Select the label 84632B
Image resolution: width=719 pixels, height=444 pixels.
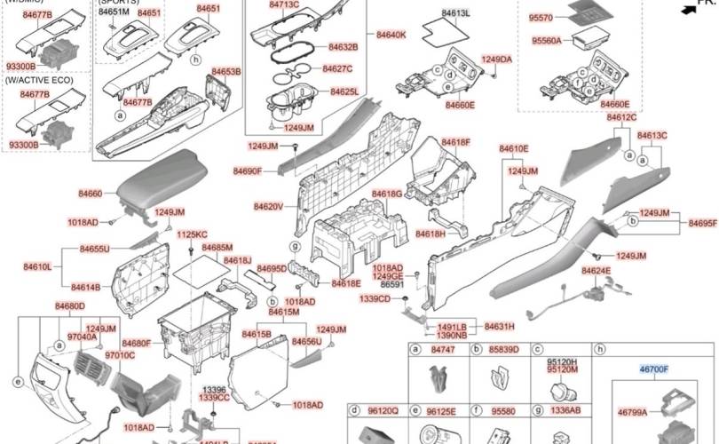click(x=343, y=46)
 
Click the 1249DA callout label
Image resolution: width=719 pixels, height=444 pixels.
click(x=496, y=59)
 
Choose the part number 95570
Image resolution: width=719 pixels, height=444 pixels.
click(x=541, y=18)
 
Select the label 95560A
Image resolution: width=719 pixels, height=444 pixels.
click(x=546, y=41)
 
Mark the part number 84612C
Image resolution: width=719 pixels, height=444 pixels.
click(x=621, y=117)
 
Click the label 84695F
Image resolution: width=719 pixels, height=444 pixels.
click(x=702, y=224)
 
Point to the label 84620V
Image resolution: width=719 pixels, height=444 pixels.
click(x=268, y=207)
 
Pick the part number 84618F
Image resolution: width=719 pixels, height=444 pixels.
click(x=456, y=142)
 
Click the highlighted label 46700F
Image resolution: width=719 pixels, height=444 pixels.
click(x=654, y=369)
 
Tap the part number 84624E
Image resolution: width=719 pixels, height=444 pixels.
click(x=596, y=271)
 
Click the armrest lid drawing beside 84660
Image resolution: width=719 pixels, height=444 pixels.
click(x=160, y=182)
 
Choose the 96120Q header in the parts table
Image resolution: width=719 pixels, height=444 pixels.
click(x=383, y=411)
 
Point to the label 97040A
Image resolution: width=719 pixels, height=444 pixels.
click(x=83, y=337)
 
